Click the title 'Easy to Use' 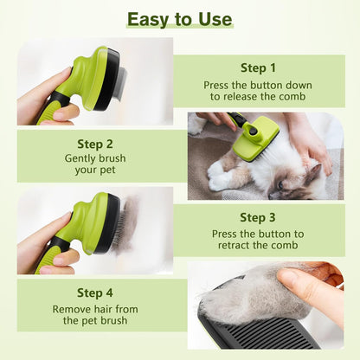click(x=180, y=19)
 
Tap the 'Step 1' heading click(x=258, y=68)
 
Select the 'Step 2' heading click(x=95, y=144)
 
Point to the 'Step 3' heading click(x=258, y=217)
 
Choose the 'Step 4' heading click(x=95, y=292)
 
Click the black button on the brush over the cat click(x=254, y=132)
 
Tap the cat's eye click(x=280, y=185)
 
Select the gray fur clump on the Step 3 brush click(x=128, y=224)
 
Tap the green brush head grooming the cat click(x=256, y=138)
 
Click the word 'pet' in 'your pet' click(x=108, y=170)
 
